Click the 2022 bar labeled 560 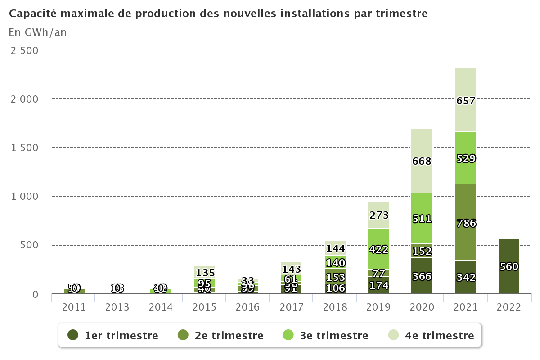point(509,266)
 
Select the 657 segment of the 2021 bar point(466,100)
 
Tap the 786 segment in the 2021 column point(466,223)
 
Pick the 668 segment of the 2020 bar point(422,161)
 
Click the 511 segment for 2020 point(422,218)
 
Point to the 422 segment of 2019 point(378,249)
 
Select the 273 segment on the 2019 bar point(378,215)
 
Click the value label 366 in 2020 point(422,276)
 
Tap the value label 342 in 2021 point(466,276)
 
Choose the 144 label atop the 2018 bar point(335,248)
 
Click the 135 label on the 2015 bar point(205,273)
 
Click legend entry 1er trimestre point(121,335)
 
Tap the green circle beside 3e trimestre point(288,335)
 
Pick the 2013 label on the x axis point(117,307)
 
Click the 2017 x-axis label point(292,307)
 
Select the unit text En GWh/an point(37,32)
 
